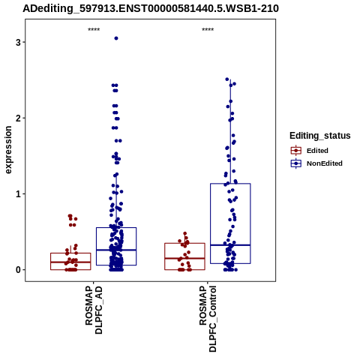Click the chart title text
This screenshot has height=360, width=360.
pyautogui.click(x=151, y=8)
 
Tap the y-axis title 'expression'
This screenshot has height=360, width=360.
pyautogui.click(x=8, y=150)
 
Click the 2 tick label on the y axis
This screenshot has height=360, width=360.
pyautogui.click(x=18, y=118)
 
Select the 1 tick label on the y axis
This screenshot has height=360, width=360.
pyautogui.click(x=18, y=194)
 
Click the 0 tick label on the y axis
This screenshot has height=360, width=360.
pyautogui.click(x=18, y=270)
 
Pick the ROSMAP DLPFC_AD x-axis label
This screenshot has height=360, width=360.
pyautogui.click(x=94, y=310)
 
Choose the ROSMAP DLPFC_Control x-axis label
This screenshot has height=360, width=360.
pyautogui.click(x=208, y=319)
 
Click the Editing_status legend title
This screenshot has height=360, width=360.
pyautogui.click(x=320, y=136)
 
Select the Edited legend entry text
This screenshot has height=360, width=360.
pyautogui.click(x=317, y=151)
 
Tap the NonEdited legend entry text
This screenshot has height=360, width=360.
pyautogui.click(x=325, y=163)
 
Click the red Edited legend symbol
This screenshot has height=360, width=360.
pyautogui.click(x=296, y=151)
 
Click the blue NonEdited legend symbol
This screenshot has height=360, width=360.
pyautogui.click(x=296, y=163)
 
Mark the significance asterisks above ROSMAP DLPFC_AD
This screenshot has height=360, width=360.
pyautogui.click(x=94, y=29)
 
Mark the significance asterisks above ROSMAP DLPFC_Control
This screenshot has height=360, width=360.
pyautogui.click(x=208, y=29)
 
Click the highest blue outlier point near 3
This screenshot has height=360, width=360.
pyautogui.click(x=116, y=38)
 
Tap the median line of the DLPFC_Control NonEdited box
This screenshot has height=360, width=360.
pyautogui.click(x=230, y=245)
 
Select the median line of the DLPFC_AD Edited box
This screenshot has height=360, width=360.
pyautogui.click(x=70, y=262)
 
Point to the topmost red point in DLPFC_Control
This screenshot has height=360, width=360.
pyautogui.click(x=185, y=233)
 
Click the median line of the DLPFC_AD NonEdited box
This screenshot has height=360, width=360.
pyautogui.click(x=116, y=250)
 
